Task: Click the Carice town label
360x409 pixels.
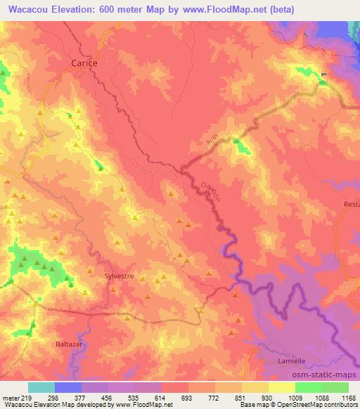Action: [x=84, y=63]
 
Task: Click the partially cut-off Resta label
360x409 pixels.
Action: [x=351, y=204]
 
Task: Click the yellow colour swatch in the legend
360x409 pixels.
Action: [x=281, y=387]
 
